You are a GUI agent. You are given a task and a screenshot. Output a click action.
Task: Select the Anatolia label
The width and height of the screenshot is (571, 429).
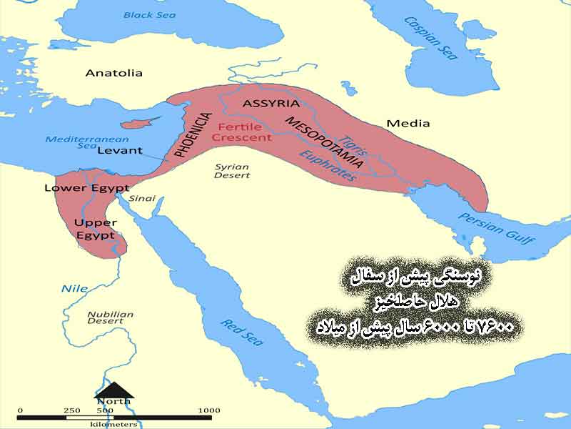click(114, 73)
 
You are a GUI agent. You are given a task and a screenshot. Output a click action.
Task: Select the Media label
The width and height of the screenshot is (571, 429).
click(408, 123)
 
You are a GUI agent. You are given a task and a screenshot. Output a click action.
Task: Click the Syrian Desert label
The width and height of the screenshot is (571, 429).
click(233, 170)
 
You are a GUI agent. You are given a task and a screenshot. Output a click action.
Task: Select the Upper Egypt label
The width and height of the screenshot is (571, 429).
click(95, 229)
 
